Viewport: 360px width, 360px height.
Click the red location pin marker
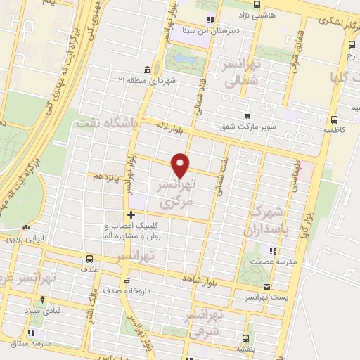[x=181, y=165]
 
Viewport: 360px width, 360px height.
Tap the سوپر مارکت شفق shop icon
[x=247, y=117]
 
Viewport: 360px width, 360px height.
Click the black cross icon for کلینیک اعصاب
[x=130, y=214]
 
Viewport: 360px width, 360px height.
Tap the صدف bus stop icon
[x=89, y=258]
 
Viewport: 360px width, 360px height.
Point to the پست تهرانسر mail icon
[x=266, y=286]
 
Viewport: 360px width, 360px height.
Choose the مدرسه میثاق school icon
[x=33, y=332]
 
